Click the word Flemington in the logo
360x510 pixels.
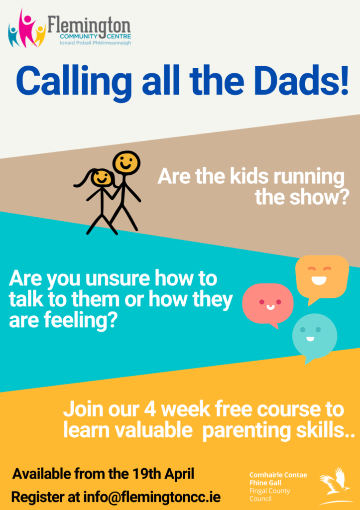point(89,25)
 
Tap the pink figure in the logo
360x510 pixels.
point(26,27)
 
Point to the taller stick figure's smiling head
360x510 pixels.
point(126,163)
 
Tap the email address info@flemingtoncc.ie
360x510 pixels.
point(152,497)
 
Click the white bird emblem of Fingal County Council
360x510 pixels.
point(335,485)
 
